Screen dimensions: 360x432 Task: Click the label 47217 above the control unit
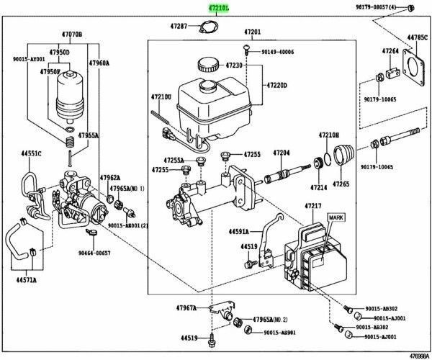pos(313,206)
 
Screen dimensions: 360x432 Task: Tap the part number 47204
pos(281,153)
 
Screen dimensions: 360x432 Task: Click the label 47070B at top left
pos(71,34)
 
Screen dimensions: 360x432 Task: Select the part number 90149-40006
pos(277,51)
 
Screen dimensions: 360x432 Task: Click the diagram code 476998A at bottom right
pos(415,355)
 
